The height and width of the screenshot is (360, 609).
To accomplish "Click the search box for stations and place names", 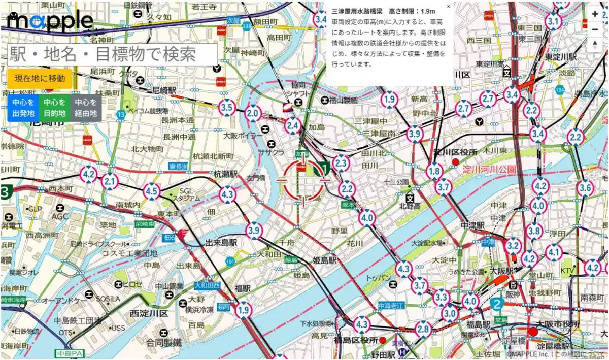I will pos(113,53).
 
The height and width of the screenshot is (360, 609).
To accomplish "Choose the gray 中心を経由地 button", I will pos(86,108).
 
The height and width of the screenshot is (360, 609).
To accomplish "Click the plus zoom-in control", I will pos(595,14).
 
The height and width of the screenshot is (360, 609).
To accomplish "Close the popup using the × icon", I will pos(448,7).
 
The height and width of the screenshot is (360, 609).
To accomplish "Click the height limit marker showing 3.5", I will pos(227,108).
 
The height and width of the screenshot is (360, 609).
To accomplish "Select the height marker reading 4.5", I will pos(151,191).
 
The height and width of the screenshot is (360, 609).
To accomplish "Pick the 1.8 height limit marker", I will pos(434,172).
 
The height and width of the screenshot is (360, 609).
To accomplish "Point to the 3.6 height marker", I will pos(586,188).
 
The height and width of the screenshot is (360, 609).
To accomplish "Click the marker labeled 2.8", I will pos(423,329).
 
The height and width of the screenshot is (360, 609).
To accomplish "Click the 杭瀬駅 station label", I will pos(226,174).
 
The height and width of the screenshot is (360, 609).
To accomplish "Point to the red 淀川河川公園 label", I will pos(489,170).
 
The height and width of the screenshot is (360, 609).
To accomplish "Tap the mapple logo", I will pos(51,21).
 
